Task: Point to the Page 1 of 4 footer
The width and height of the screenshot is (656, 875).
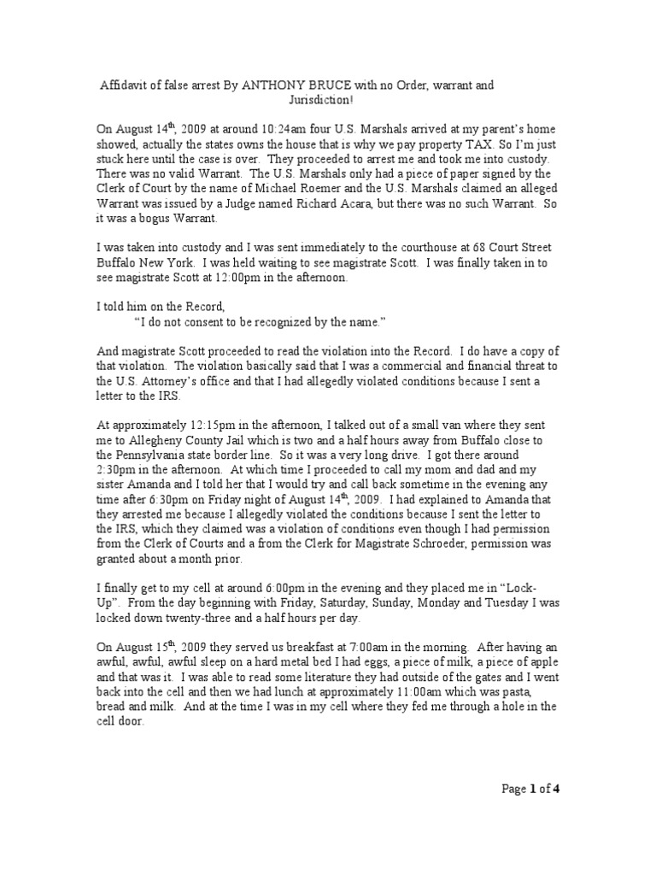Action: pyautogui.click(x=529, y=789)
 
